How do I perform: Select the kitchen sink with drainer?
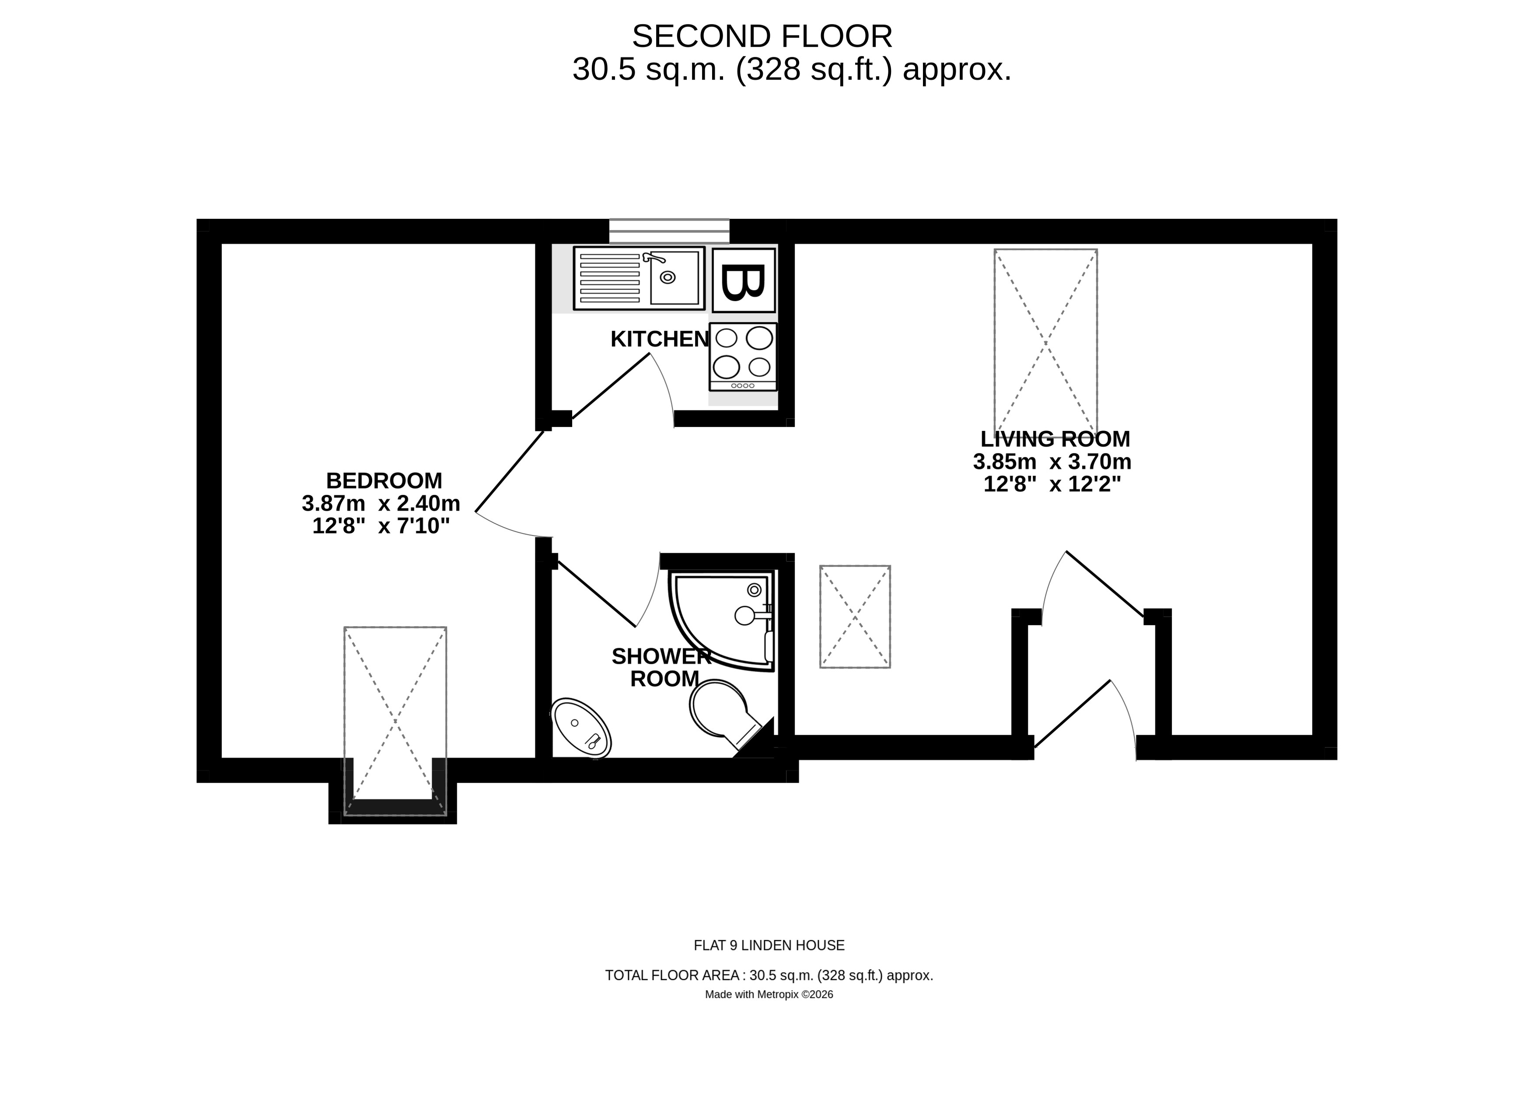[x=639, y=278]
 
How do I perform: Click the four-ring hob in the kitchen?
[x=743, y=357]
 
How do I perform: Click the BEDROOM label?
[x=384, y=481]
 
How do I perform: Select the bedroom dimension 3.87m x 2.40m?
[x=381, y=503]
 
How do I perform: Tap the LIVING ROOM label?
[x=1055, y=439]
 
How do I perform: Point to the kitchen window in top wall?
[x=669, y=231]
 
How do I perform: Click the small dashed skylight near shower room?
[x=855, y=617]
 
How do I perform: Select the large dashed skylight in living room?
[x=1045, y=343]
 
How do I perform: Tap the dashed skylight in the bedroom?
[x=395, y=720]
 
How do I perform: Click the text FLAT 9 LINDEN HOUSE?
[x=769, y=946]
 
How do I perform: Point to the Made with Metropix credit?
[x=769, y=994]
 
